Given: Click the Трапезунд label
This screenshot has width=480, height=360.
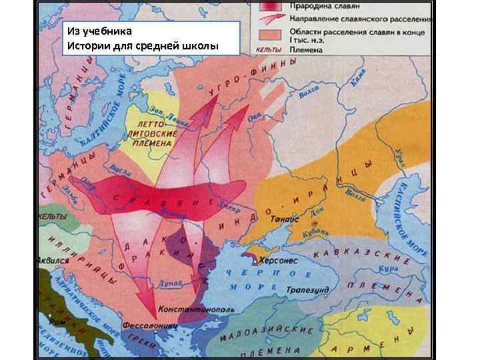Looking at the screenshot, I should point(305,290).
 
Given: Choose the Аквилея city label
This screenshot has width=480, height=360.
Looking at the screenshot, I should point(53,261).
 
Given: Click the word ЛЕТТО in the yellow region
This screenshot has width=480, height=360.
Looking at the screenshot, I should point(149,125).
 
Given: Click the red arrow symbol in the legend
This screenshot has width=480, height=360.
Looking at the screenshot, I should point(271,18).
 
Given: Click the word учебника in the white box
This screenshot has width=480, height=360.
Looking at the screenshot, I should point(110,31).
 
